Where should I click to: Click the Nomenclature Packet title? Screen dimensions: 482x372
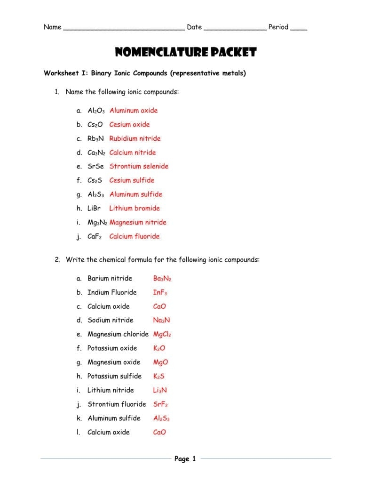[x=186, y=52]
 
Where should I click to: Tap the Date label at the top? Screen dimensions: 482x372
[x=194, y=27]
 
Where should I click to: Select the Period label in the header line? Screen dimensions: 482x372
[x=278, y=27]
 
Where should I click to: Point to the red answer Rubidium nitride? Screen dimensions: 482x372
[x=135, y=138]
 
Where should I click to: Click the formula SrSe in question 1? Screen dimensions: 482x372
[x=95, y=166]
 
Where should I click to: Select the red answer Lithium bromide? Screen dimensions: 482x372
[x=135, y=208]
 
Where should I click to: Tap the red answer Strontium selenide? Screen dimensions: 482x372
[x=139, y=166]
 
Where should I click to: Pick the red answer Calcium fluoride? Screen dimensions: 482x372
[x=135, y=236]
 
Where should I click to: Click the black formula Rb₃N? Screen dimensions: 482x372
[x=95, y=138]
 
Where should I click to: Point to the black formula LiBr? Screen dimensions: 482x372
[x=94, y=208]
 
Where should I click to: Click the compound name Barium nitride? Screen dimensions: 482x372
[x=110, y=278]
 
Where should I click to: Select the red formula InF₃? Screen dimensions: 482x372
[x=160, y=292]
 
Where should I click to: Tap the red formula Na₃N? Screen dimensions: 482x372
[x=162, y=320]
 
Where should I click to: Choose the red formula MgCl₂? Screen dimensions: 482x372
[x=162, y=334]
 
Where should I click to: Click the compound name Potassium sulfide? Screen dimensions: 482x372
[x=114, y=376]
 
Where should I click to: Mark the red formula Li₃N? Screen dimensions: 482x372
[x=160, y=390]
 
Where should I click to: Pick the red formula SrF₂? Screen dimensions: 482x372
[x=161, y=404]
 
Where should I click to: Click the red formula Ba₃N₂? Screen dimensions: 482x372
[x=162, y=278]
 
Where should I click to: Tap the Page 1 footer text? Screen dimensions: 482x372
[x=185, y=458]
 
